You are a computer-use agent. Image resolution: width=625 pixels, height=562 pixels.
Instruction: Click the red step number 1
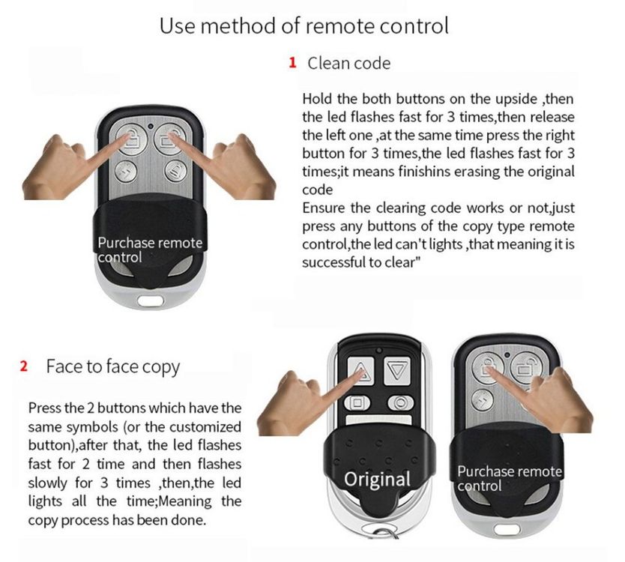pos(292,63)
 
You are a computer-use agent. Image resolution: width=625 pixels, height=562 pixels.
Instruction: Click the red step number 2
pos(24,366)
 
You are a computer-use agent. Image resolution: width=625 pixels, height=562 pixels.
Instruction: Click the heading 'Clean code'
pos(348,63)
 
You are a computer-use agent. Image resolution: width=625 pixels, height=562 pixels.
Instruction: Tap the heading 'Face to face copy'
pos(113,366)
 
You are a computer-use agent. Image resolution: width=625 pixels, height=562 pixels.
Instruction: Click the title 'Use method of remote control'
pos(304,25)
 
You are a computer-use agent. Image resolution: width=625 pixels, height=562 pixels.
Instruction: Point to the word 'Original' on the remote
pos(377,479)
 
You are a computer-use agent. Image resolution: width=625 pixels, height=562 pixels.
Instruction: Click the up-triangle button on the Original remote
pos(360,371)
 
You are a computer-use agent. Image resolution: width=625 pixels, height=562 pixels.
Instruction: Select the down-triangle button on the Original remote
pos(397,371)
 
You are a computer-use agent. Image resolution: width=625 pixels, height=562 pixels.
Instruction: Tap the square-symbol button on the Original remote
pos(357,402)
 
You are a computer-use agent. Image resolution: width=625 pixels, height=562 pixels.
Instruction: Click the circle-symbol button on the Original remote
pos(401,402)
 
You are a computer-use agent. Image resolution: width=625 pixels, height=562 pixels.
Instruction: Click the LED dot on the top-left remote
pos(151,127)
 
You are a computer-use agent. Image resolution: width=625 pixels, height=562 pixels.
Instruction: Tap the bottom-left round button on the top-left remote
pos(126,172)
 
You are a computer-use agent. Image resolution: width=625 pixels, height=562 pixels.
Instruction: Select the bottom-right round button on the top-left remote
pos(175,171)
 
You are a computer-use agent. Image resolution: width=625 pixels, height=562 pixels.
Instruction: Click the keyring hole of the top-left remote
pos(151,300)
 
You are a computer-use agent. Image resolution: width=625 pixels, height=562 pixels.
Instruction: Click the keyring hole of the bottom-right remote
pos(507,530)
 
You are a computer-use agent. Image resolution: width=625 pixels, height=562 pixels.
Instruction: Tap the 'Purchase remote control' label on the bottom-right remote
pos(510,478)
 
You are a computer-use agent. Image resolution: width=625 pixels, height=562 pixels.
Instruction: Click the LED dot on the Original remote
pos(379,351)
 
